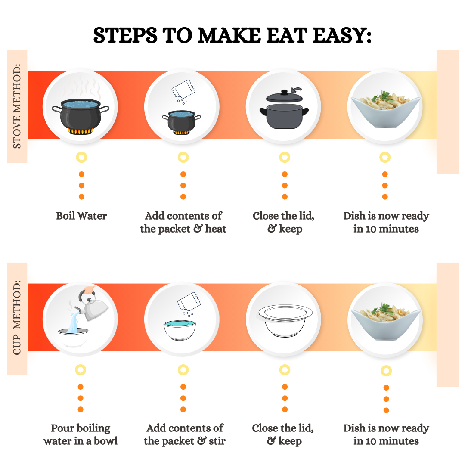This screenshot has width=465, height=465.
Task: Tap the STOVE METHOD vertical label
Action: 17,106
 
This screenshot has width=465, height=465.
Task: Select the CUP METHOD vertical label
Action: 17,317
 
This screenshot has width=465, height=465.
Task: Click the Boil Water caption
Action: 81,216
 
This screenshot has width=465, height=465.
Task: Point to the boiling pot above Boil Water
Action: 81,116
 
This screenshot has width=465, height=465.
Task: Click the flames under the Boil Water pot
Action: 81,131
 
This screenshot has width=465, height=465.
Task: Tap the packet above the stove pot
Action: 183,89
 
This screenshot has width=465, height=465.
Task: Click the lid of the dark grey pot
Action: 285,96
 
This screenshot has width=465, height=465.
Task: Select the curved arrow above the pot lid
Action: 296,90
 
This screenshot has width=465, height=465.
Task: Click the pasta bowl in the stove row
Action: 385,110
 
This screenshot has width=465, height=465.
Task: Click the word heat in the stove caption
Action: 216,229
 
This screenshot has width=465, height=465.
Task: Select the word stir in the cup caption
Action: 217,441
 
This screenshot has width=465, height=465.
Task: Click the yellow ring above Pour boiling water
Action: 81,370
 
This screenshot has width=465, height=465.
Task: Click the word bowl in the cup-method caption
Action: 105,441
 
